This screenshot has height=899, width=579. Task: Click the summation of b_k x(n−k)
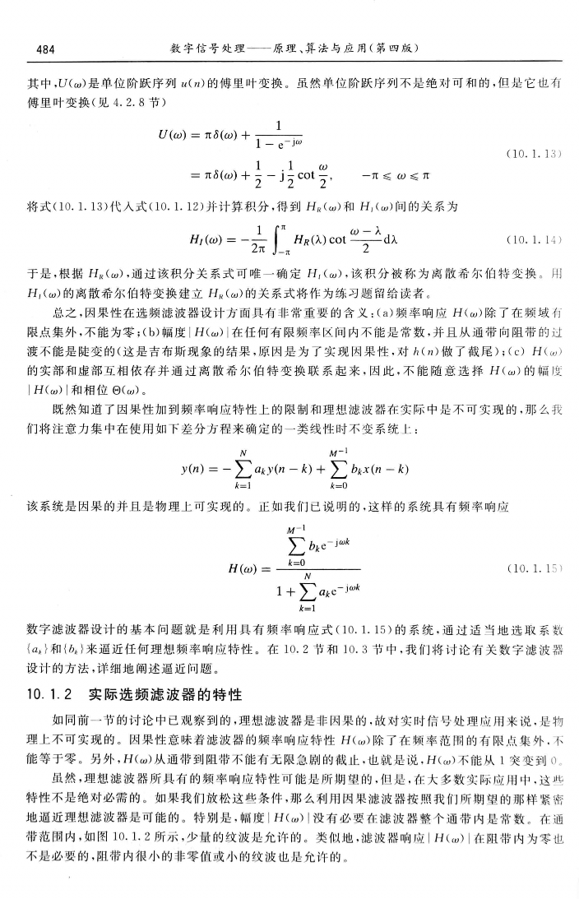[339, 470]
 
